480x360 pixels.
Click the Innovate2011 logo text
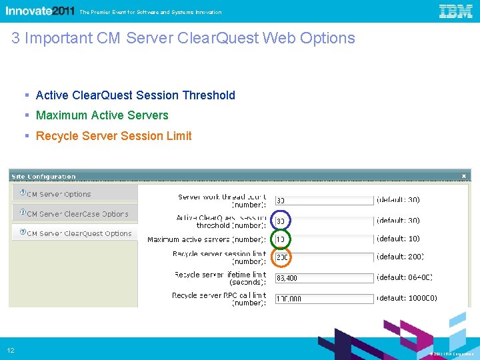pos(40,11)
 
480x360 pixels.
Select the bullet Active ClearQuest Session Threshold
pos(135,95)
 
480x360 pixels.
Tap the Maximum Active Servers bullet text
pos(102,115)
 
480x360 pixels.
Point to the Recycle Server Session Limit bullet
pos(113,136)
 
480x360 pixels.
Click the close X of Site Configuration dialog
pos(464,176)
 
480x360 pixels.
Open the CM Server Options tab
pos(59,194)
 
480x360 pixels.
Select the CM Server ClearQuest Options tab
pos(79,234)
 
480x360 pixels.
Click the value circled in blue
pos(281,221)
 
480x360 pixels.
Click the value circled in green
pos(281,239)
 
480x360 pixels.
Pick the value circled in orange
pos(281,257)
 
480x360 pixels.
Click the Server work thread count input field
pos(324,200)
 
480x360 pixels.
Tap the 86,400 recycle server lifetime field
pos(324,278)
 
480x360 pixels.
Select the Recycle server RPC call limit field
pos(324,299)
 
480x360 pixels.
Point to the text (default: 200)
pos(400,257)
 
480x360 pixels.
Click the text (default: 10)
pos(398,239)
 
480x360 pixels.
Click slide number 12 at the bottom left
pos(11,351)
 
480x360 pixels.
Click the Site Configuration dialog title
pos(43,177)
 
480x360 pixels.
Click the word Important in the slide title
pos(57,38)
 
